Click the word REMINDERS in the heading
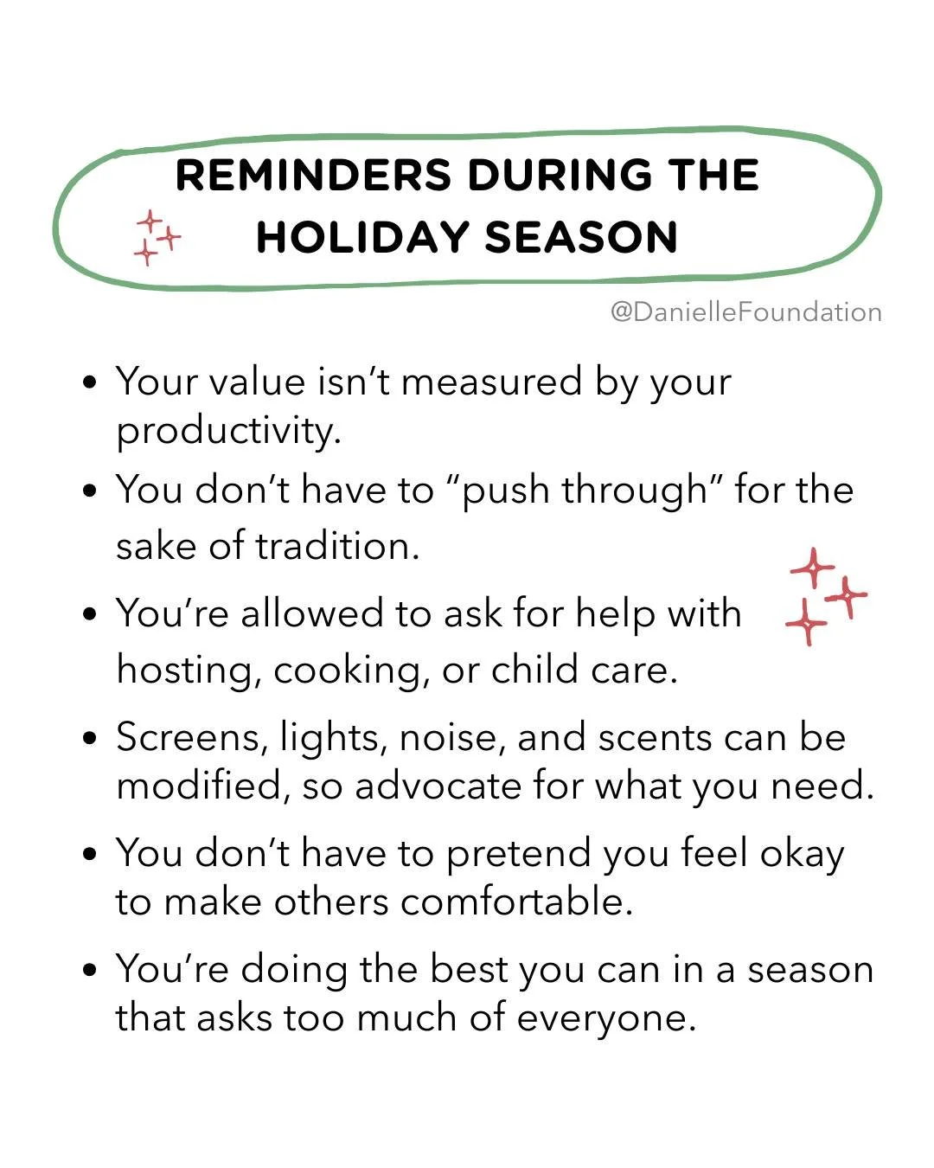pyautogui.click(x=312, y=176)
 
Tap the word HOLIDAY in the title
pyautogui.click(x=363, y=237)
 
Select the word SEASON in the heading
pyautogui.click(x=581, y=237)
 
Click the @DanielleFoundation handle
pyautogui.click(x=745, y=311)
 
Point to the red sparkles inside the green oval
pyautogui.click(x=157, y=237)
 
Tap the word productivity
pyautogui.click(x=228, y=430)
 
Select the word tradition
pyautogui.click(x=337, y=546)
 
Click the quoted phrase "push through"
pyautogui.click(x=585, y=491)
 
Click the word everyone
pyautogui.click(x=606, y=1018)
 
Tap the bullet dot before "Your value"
pyautogui.click(x=90, y=382)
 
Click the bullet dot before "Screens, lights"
pyautogui.click(x=90, y=739)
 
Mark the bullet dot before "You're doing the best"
pyautogui.click(x=90, y=970)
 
